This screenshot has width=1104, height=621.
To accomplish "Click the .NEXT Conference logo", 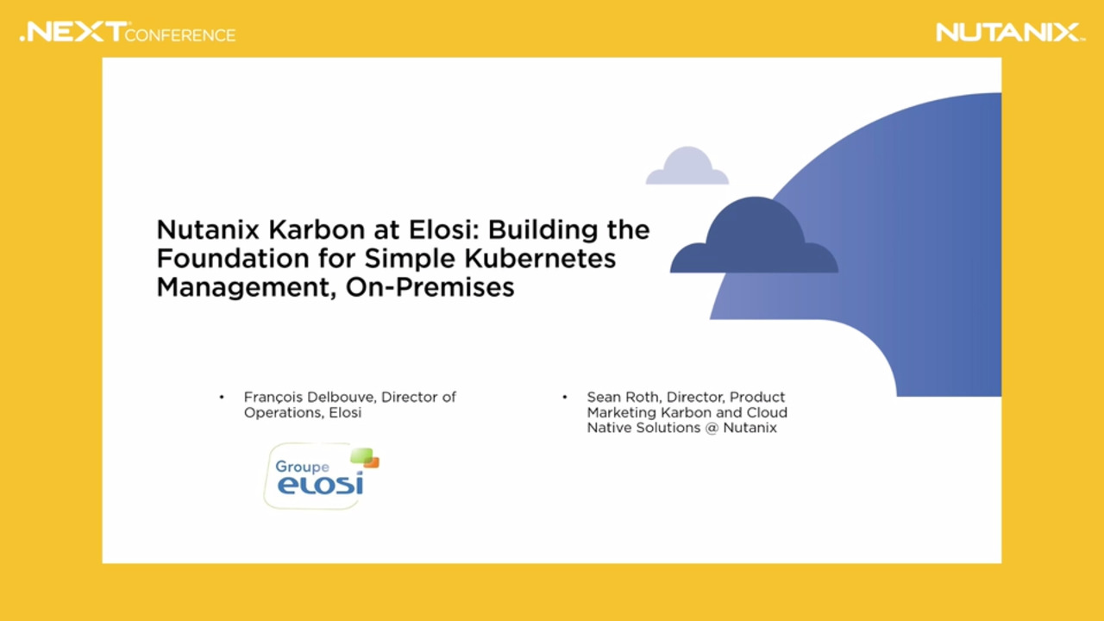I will click(x=128, y=33).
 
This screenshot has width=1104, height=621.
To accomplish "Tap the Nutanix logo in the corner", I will click(x=1009, y=33).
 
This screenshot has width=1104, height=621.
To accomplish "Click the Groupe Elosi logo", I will click(x=321, y=476).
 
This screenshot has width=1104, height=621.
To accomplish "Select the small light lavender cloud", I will click(x=687, y=167).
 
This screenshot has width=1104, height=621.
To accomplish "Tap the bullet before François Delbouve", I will click(x=222, y=397).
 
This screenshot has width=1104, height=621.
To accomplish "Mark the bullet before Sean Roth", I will click(x=565, y=397).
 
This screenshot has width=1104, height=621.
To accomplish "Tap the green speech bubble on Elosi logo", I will click(x=361, y=455).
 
